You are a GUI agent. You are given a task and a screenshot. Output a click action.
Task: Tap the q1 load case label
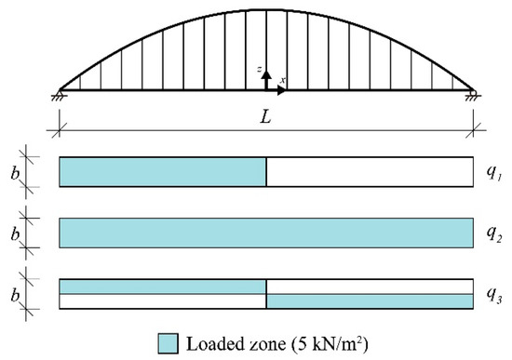click(x=493, y=172)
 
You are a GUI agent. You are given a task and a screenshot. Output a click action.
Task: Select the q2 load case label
click(x=493, y=233)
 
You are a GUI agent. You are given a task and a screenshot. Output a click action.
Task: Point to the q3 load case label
click(x=493, y=294)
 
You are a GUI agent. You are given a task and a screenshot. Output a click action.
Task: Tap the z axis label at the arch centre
click(x=263, y=71)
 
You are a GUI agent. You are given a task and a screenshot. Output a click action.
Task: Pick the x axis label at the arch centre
click(x=282, y=80)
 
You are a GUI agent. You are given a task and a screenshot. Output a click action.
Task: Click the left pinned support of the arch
click(x=60, y=92)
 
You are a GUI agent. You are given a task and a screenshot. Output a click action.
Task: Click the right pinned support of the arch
click(x=473, y=92)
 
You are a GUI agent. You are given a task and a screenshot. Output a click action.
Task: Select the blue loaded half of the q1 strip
click(x=163, y=172)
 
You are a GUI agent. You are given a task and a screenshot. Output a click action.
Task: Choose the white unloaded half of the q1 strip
click(x=370, y=172)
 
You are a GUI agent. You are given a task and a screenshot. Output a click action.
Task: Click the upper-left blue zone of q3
click(x=163, y=287)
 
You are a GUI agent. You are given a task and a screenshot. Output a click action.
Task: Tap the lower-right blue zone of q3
click(x=370, y=301)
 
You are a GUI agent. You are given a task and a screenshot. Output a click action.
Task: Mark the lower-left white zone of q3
click(x=163, y=301)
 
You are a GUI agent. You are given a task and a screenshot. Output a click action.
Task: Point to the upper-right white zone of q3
click(x=370, y=287)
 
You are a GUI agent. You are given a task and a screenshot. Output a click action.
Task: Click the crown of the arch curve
click(x=266, y=9)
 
